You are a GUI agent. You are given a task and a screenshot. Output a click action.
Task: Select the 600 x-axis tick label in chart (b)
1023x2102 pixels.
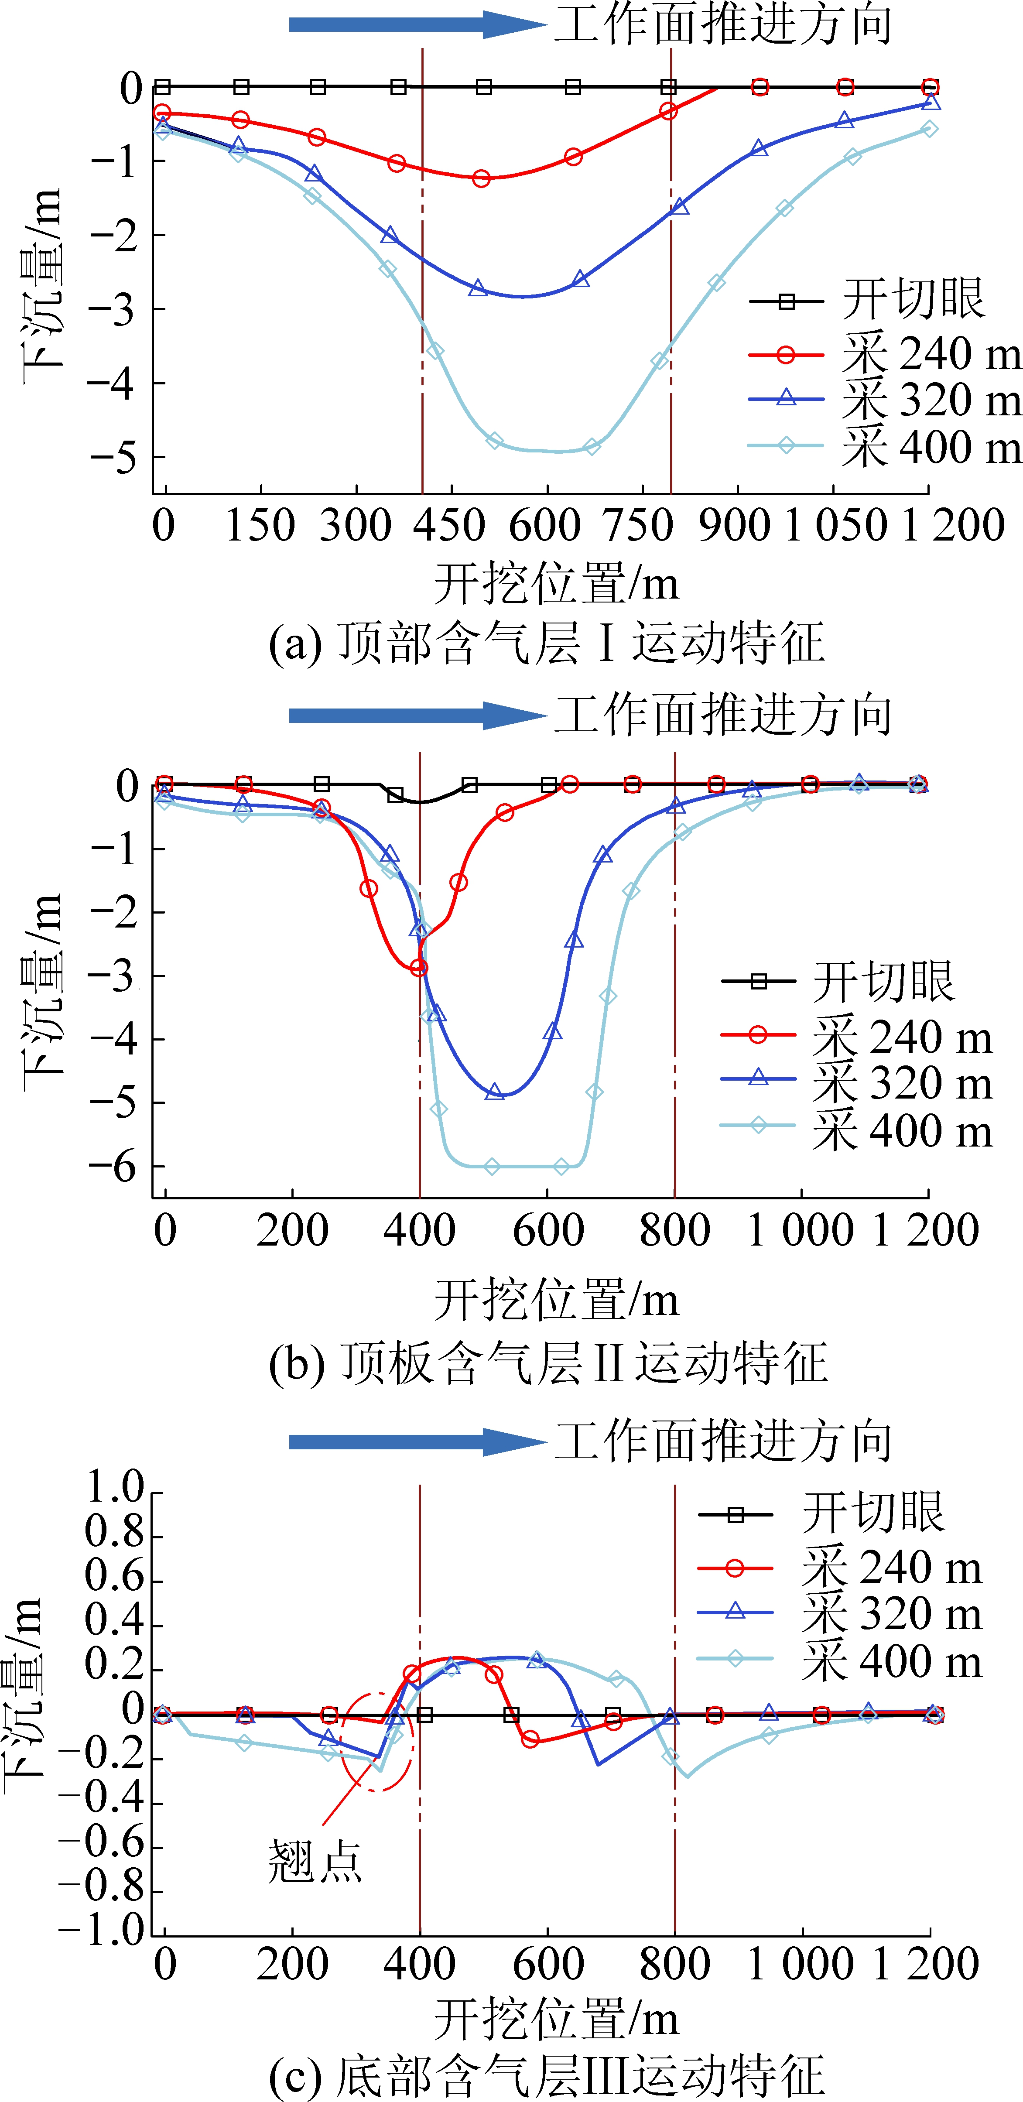tap(547, 1230)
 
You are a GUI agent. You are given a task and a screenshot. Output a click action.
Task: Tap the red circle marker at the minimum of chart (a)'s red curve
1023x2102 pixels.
tap(481, 178)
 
